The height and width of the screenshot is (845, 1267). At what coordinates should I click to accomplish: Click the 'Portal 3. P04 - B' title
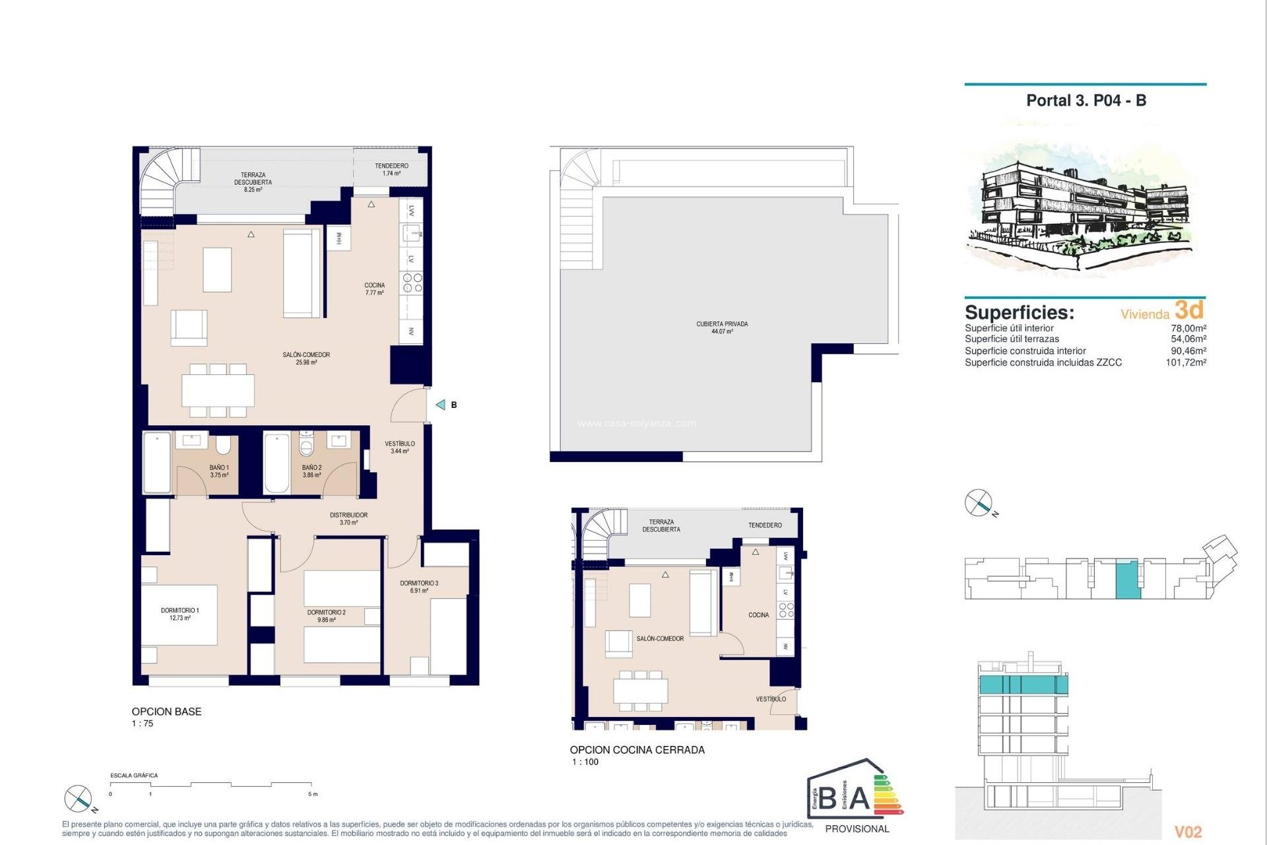pos(1086,100)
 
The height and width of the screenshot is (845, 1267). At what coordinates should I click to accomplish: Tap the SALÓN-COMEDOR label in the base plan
pos(306,358)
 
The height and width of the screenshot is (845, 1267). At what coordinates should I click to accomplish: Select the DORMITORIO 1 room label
pos(179,614)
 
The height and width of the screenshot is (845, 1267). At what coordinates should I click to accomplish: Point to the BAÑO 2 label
pos(311,471)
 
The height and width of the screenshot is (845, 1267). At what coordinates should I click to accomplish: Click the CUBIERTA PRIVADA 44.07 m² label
pos(722,327)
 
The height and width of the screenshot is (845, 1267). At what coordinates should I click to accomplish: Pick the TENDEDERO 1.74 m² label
pos(391,170)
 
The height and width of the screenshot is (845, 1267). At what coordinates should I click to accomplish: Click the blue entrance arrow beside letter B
pos(440,405)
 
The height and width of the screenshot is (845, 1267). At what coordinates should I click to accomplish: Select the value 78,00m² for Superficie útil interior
pos(1188,328)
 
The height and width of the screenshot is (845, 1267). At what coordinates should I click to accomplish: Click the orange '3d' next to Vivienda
pos(1189,310)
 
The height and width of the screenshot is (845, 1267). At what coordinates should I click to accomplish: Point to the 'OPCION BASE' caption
pos(166,712)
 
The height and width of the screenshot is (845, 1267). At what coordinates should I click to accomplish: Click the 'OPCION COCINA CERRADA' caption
pos(637,750)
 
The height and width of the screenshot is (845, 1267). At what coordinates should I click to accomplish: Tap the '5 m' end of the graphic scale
pos(313,794)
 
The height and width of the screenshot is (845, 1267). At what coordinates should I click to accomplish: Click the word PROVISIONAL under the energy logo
pos(857,828)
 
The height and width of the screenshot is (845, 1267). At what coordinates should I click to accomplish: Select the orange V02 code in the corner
pos(1188,832)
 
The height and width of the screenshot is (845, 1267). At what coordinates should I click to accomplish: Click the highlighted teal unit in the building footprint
pos(1128,580)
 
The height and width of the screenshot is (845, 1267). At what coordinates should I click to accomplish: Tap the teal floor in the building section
pos(1022,685)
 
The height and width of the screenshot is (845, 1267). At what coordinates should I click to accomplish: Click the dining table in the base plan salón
pos(218,390)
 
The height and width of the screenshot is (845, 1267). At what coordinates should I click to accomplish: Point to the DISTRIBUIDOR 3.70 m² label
pos(348,518)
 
